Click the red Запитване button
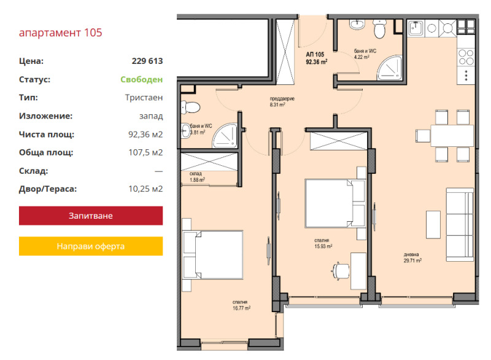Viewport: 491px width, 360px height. pos(91,216)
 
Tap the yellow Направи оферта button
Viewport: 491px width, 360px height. pos(91,246)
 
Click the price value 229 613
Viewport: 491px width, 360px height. pos(147,61)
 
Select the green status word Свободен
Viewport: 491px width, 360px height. pos(142,79)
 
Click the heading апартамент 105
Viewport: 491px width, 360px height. pos(60,33)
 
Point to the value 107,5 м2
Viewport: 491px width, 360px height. pos(145,152)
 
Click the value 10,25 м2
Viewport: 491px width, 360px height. pos(145,189)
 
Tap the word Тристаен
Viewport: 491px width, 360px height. pos(144,98)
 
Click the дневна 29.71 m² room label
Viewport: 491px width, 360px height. pos(412,257)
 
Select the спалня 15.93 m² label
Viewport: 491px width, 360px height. pos(323,243)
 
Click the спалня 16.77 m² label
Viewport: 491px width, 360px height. pos(241,305)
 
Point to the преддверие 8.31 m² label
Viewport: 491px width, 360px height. pos(282,101)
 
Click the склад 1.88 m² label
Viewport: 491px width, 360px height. pos(197,177)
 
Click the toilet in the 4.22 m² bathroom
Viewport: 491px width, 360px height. pos(380,29)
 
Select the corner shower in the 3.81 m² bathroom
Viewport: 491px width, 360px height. pos(225,136)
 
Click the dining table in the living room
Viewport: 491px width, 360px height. pos(452,136)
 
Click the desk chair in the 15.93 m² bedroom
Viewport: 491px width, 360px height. pos(340,271)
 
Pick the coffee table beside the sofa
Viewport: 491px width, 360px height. pos(433,225)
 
